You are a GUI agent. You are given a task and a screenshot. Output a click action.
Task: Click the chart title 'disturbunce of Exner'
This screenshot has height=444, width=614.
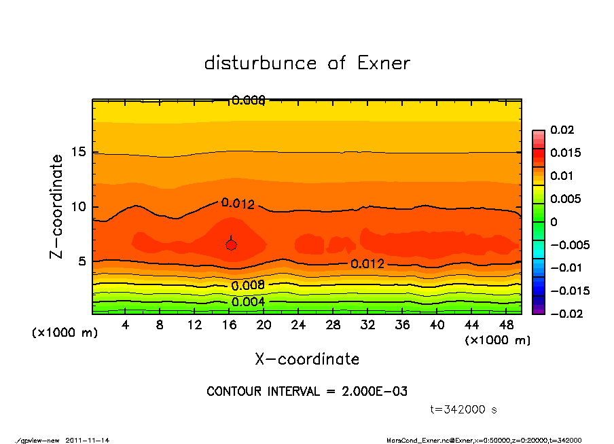pyautogui.click(x=307, y=64)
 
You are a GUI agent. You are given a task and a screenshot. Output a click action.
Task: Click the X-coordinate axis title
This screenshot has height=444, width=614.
pyautogui.click(x=307, y=359)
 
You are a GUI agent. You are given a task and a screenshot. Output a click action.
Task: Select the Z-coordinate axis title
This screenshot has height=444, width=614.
pyautogui.click(x=57, y=206)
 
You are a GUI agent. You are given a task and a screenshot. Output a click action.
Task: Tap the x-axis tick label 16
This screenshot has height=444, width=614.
pyautogui.click(x=230, y=325)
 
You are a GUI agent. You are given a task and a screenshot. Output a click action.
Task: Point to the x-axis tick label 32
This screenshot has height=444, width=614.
pyautogui.click(x=368, y=325)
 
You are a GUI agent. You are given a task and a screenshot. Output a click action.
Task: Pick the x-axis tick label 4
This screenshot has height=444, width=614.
pyautogui.click(x=126, y=325)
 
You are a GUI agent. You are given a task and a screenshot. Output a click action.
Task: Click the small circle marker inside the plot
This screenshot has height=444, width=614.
pyautogui.click(x=231, y=245)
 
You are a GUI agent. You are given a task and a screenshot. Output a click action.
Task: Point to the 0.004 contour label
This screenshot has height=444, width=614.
pyautogui.click(x=248, y=302)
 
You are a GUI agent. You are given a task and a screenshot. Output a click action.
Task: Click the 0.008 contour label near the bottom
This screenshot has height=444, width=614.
pyautogui.click(x=248, y=285)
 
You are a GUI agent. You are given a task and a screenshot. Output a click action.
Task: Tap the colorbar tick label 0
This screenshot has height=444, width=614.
pyautogui.click(x=554, y=222)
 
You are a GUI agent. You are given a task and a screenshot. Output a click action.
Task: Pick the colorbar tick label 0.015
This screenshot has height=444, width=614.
pyautogui.click(x=566, y=153)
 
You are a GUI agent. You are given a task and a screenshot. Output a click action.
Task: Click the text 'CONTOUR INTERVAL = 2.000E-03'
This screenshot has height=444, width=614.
pyautogui.click(x=307, y=392)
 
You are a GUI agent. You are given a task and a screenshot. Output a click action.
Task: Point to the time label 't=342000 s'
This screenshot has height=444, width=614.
pyautogui.click(x=464, y=409)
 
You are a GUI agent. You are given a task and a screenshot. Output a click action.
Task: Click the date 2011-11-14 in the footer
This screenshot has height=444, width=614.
pyautogui.click(x=88, y=440)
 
